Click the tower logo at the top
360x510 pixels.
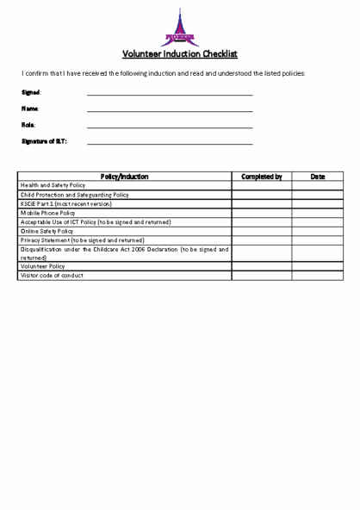(179, 28)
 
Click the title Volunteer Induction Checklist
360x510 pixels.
(179, 53)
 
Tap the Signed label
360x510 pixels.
(31, 92)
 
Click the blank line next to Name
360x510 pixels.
(170, 110)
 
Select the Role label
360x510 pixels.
(28, 125)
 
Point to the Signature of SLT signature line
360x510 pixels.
(170, 143)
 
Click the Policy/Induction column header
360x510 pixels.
(124, 177)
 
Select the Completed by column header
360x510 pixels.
(261, 177)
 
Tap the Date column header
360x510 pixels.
(317, 177)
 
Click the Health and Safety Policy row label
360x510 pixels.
(53, 185)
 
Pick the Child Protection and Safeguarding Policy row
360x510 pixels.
(75, 195)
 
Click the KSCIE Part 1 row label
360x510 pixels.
(66, 203)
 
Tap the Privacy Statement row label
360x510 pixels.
(82, 240)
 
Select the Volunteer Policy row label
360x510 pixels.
(43, 267)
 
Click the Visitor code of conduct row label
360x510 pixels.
(53, 276)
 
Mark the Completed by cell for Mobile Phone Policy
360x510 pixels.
(261, 213)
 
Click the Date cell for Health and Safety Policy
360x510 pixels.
(317, 185)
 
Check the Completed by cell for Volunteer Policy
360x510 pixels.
(261, 267)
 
